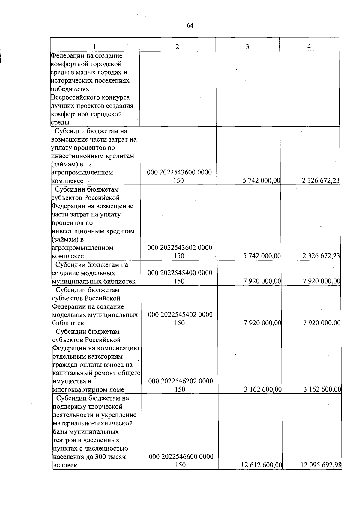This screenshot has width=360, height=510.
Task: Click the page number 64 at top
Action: (190, 26)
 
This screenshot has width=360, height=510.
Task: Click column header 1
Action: (94, 46)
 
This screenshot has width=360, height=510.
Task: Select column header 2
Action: (177, 46)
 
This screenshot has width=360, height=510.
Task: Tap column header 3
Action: (247, 46)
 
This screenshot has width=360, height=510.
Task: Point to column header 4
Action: (309, 46)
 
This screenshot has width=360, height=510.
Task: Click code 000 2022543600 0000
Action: (179, 172)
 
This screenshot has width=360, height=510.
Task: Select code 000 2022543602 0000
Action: (180, 248)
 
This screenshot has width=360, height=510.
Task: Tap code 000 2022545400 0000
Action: (180, 273)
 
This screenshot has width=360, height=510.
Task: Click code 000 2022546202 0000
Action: (181, 381)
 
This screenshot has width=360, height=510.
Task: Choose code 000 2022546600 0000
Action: (181, 457)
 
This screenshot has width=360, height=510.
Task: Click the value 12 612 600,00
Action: (262, 465)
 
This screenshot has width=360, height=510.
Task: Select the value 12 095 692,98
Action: (321, 465)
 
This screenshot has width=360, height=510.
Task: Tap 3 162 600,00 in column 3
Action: (263, 389)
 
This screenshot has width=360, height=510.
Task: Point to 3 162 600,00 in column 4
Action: (322, 389)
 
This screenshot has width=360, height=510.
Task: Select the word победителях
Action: (70, 89)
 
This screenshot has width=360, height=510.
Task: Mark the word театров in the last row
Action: (65, 440)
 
